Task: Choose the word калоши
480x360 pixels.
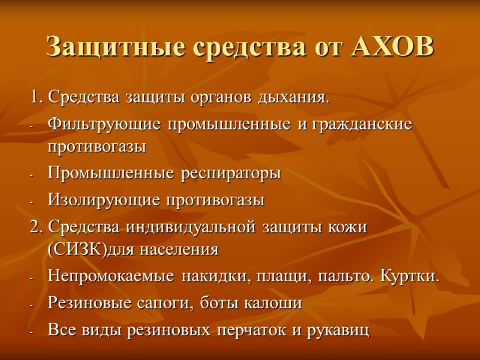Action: (x=274, y=303)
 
